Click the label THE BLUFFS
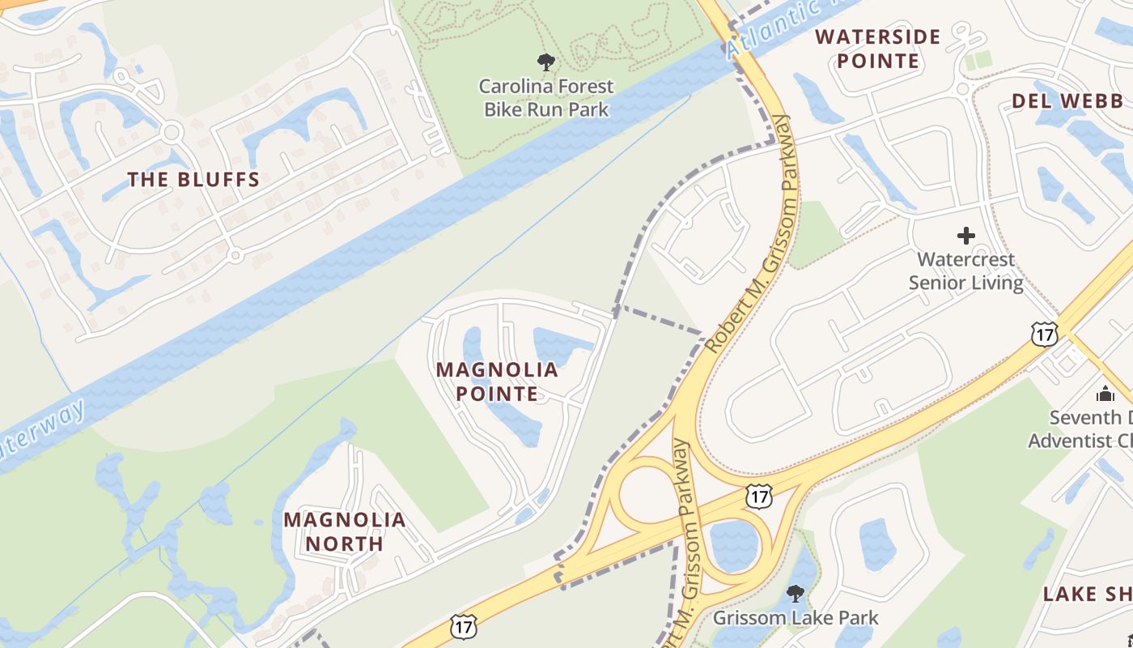pos(193,180)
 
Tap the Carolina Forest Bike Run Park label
pos(546,97)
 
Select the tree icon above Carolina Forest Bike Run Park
pos(546,62)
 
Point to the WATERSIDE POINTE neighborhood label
pos(878,49)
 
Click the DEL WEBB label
pos(1067,101)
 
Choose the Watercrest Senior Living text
pos(965,271)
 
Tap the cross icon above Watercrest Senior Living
pos(966,236)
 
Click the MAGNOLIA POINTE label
pos(497,382)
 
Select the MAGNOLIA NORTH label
pos(344,531)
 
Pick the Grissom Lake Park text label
pos(796,618)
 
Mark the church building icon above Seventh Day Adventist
pos(1105,394)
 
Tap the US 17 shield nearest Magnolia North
pos(464,626)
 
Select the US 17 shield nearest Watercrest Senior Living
pos(1044,333)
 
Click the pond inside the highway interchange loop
pos(733,544)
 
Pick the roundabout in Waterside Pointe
pos(963,88)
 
